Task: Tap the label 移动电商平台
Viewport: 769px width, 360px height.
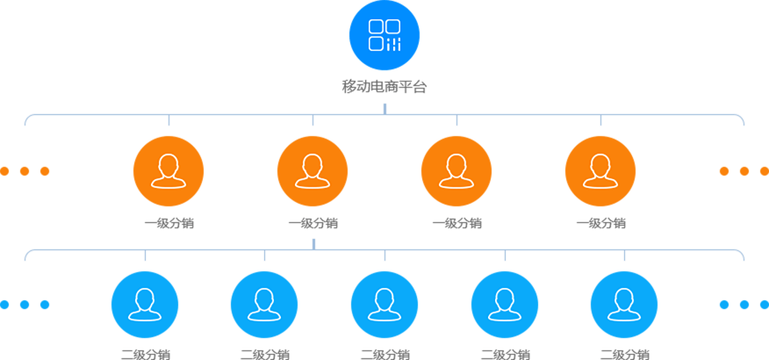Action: [x=384, y=87]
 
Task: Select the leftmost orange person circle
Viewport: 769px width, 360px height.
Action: [x=169, y=171]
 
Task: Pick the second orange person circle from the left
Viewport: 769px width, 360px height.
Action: [x=313, y=171]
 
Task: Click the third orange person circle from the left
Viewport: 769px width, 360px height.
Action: [x=456, y=171]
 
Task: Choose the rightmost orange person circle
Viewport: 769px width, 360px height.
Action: [x=600, y=171]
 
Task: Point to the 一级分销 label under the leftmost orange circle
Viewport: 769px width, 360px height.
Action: [x=169, y=223]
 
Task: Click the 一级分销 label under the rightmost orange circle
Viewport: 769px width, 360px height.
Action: [x=600, y=223]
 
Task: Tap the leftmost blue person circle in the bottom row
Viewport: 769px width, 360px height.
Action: [x=145, y=305]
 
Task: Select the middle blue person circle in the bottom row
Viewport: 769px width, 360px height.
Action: [x=384, y=305]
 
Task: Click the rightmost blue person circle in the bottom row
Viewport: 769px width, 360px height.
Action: [x=624, y=305]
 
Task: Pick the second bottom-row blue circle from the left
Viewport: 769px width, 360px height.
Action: [x=264, y=305]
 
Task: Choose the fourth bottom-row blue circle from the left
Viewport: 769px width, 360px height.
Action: [x=505, y=305]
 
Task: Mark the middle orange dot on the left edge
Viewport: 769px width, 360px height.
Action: [x=25, y=171]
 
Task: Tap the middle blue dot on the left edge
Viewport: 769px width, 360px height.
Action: [x=25, y=305]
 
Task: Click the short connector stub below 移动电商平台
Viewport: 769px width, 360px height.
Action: [x=384, y=108]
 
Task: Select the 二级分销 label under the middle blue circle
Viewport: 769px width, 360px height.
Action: [x=384, y=355]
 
